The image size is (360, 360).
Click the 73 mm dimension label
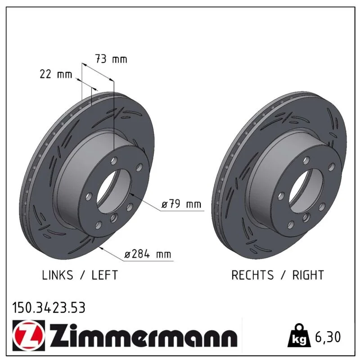(x=111, y=59)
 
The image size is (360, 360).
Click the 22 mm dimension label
(x=56, y=74)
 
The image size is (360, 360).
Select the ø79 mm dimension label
(x=181, y=204)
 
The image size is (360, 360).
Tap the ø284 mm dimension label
(x=148, y=254)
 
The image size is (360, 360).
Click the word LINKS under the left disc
(x=58, y=275)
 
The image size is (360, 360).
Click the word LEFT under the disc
(x=105, y=275)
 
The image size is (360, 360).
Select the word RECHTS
(x=252, y=275)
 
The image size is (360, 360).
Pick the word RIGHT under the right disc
(x=308, y=275)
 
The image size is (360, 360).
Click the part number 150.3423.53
(x=49, y=308)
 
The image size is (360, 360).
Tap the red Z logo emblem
(x=29, y=335)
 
